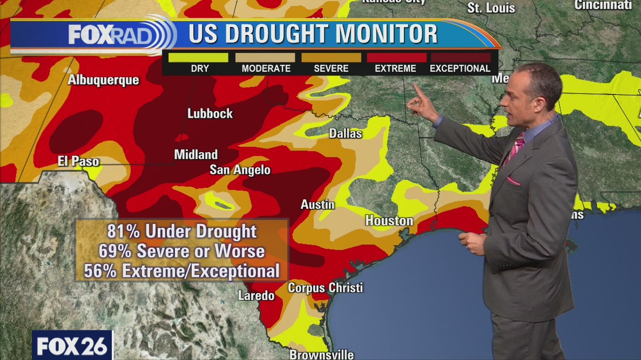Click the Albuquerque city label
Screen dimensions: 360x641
pyautogui.click(x=103, y=80)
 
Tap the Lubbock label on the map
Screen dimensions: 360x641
pyautogui.click(x=210, y=113)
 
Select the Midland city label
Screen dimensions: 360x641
pyautogui.click(x=195, y=155)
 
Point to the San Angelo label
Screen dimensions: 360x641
pyautogui.click(x=240, y=170)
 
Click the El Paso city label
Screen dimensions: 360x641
pyautogui.click(x=79, y=161)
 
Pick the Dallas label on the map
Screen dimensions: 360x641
pyautogui.click(x=345, y=133)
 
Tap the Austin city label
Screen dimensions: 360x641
pyautogui.click(x=318, y=205)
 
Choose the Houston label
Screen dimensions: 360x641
pyautogui.click(x=389, y=221)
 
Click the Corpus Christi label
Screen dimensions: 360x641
pyautogui.click(x=325, y=288)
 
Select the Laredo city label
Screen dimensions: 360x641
pyautogui.click(x=257, y=296)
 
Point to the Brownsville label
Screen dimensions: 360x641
pyautogui.click(x=322, y=355)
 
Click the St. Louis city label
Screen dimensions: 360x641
pyautogui.click(x=491, y=8)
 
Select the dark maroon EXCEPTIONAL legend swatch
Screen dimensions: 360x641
pyautogui.click(x=460, y=57)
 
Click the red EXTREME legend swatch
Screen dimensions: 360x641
pyautogui.click(x=396, y=57)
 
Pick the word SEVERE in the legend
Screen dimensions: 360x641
pyautogui.click(x=331, y=69)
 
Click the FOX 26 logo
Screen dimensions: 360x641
pyautogui.click(x=72, y=345)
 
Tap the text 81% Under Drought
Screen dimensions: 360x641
pyautogui.click(x=182, y=232)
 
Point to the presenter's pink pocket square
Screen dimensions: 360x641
pyautogui.click(x=513, y=181)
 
